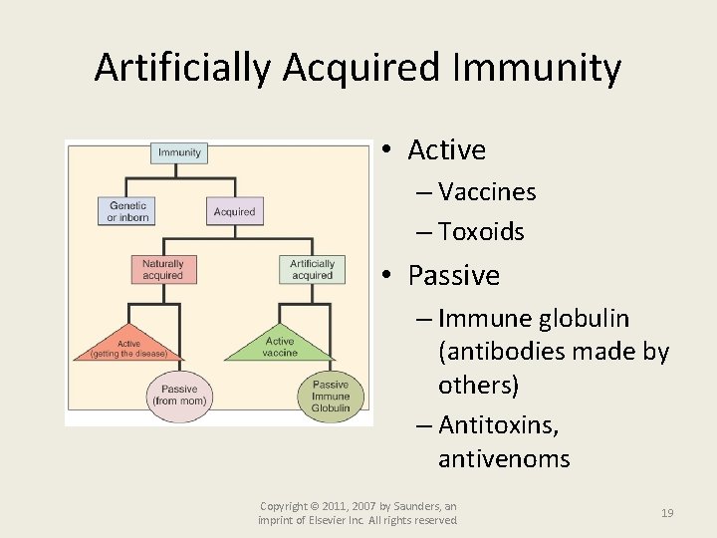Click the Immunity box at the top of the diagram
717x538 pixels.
pyautogui.click(x=179, y=152)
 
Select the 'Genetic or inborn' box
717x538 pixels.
pyautogui.click(x=127, y=211)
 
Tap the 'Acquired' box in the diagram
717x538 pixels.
pyautogui.click(x=234, y=211)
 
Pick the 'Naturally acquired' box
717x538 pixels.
pyautogui.click(x=162, y=270)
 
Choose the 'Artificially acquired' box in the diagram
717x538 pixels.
pyautogui.click(x=312, y=270)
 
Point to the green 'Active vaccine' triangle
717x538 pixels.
pyautogui.click(x=280, y=345)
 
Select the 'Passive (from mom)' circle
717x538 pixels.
pyautogui.click(x=179, y=395)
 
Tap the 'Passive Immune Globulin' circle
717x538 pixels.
pyautogui.click(x=331, y=396)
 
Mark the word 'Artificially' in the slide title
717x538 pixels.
pyautogui.click(x=183, y=68)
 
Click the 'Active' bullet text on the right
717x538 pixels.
pyautogui.click(x=446, y=150)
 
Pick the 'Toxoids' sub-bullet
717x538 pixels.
pyautogui.click(x=481, y=232)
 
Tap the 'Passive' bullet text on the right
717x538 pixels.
pyautogui.click(x=453, y=275)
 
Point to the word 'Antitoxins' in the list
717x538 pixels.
pyautogui.click(x=498, y=426)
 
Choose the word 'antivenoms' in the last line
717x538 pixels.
pyautogui.click(x=504, y=459)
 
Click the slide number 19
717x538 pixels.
pyautogui.click(x=667, y=513)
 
